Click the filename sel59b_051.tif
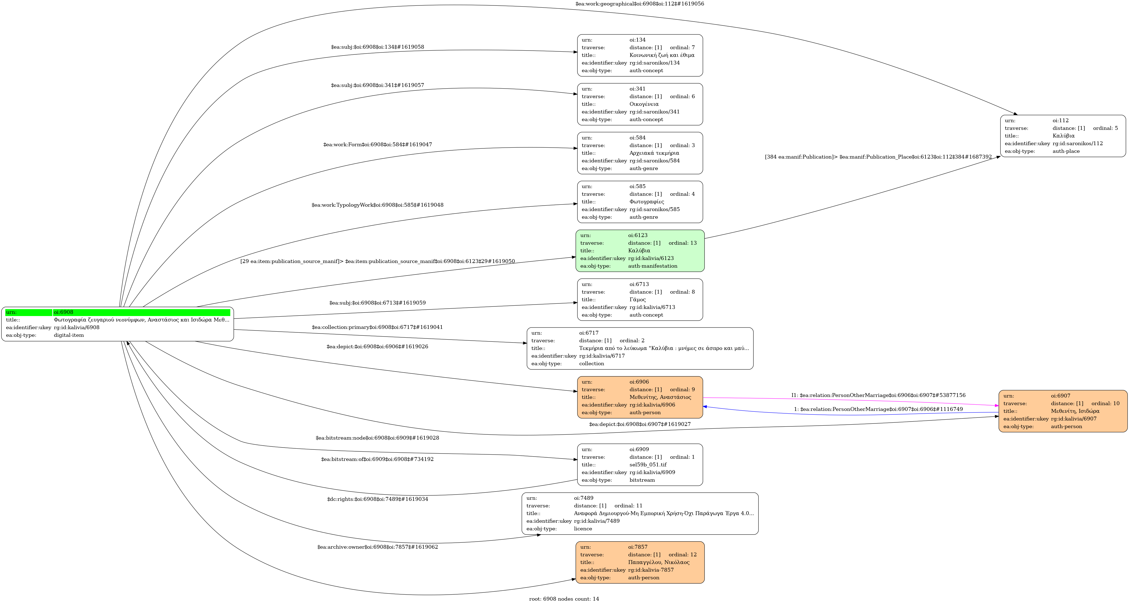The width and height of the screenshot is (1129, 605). [x=648, y=465]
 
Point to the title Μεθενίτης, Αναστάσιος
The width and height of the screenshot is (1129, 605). [x=660, y=397]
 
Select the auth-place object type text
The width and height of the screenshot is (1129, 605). [x=1066, y=151]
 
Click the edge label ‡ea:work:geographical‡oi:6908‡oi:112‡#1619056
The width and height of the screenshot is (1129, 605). [x=639, y=4]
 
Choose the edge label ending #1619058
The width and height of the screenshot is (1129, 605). [x=377, y=47]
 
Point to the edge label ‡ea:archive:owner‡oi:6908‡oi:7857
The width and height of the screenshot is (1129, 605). [x=377, y=547]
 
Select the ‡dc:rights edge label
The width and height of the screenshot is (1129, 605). [x=377, y=499]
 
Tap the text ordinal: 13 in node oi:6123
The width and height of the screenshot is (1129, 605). [x=682, y=243]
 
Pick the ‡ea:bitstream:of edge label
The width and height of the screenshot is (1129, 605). [x=377, y=459]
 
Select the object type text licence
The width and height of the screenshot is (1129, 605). [x=583, y=529]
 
